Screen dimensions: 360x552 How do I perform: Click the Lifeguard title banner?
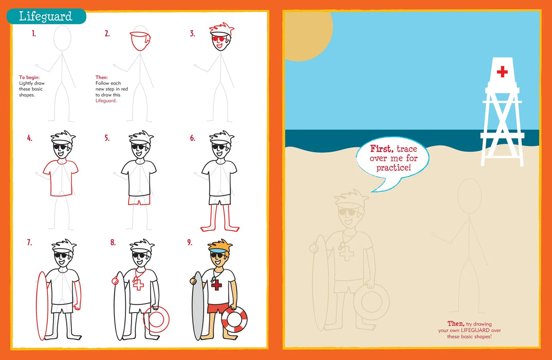pyautogui.click(x=46, y=16)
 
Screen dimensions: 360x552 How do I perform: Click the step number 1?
pyautogui.click(x=33, y=34)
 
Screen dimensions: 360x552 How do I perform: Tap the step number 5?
pyautogui.click(x=107, y=138)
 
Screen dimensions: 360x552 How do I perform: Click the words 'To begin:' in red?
pyautogui.click(x=29, y=77)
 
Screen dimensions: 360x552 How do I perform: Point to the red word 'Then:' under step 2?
pyautogui.click(x=102, y=77)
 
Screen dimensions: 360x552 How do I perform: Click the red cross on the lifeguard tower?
pyautogui.click(x=502, y=71)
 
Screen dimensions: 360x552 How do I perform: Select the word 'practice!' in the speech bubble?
pyautogui.click(x=394, y=168)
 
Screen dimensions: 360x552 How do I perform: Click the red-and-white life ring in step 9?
pyautogui.click(x=234, y=319)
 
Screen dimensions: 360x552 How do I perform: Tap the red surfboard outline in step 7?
pyautogui.click(x=42, y=305)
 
